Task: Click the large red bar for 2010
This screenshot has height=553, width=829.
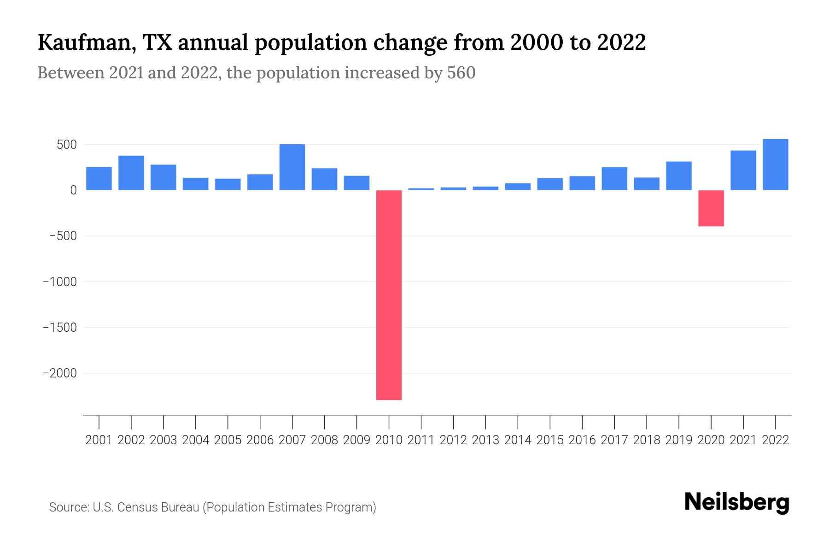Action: click(389, 295)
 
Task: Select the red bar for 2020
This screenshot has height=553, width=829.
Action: click(711, 208)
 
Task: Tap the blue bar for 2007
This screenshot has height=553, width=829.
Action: click(292, 167)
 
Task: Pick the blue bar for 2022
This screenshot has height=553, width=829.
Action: click(775, 165)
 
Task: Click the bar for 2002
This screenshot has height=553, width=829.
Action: click(131, 173)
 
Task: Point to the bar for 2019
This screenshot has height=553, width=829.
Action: click(678, 176)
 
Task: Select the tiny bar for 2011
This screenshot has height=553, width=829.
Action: click(421, 189)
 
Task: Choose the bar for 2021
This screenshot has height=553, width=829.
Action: click(743, 170)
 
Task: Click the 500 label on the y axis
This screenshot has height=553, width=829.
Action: click(66, 145)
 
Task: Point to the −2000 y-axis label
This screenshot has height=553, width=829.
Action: click(60, 373)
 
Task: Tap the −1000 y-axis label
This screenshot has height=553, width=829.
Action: click(60, 282)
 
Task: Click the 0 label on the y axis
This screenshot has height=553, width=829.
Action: click(73, 190)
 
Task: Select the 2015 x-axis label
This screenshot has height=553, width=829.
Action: click(550, 440)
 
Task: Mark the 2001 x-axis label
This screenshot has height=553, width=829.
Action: click(99, 440)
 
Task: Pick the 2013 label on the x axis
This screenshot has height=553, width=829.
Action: click(485, 440)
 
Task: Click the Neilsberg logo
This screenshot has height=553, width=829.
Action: click(737, 502)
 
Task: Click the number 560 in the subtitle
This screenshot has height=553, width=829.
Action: click(461, 73)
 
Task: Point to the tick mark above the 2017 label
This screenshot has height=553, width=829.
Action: click(614, 422)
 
